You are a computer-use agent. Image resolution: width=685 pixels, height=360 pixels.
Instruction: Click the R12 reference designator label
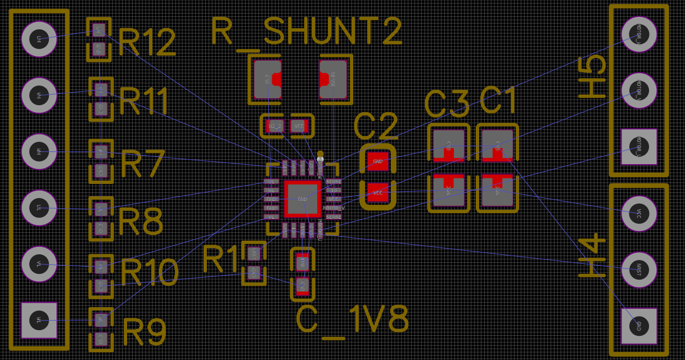147,42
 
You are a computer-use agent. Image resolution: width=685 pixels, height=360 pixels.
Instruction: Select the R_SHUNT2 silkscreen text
307,31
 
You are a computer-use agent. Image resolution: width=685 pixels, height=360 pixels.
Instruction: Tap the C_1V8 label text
353,320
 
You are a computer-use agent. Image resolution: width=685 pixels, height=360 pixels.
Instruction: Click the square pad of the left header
39,320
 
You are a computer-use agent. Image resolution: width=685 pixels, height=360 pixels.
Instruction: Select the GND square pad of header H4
639,326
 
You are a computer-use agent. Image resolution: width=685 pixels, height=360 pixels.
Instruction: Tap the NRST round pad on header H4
639,269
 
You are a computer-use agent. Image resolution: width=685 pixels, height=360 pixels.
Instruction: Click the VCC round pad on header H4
639,213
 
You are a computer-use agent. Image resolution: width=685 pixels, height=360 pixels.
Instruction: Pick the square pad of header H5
639,147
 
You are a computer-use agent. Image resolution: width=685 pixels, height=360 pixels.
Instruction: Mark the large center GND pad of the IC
303,199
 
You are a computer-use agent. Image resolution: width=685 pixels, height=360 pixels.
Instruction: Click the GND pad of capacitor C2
378,161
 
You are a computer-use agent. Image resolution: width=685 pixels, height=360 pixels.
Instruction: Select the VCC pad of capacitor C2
378,193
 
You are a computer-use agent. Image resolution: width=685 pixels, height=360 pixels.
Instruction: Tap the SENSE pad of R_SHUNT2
334,80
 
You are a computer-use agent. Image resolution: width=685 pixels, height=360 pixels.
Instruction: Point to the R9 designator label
145,332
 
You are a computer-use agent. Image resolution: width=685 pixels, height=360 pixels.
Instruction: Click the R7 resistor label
143,164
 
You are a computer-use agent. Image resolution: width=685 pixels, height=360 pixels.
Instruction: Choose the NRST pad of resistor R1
254,254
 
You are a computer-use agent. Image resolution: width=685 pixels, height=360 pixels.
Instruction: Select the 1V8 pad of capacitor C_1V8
303,262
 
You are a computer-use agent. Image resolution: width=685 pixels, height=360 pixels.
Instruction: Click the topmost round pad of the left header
39,39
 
